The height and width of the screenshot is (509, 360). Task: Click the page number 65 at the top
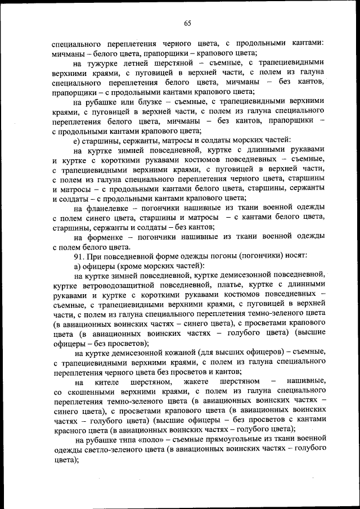tap(187, 23)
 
